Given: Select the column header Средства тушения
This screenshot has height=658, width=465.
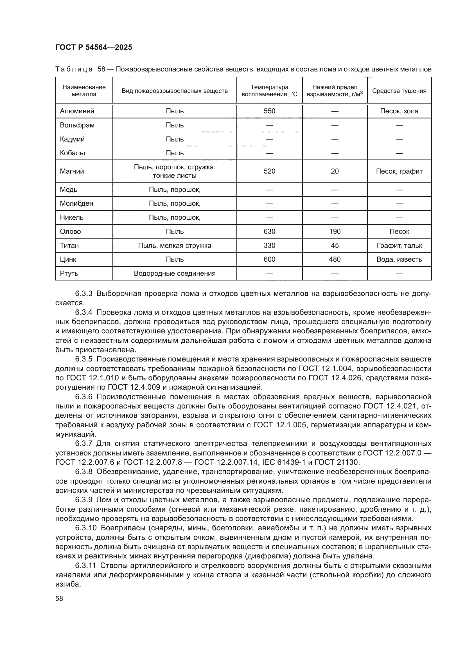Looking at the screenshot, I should click(399, 91).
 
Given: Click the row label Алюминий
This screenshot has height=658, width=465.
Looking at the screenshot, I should click(77, 111).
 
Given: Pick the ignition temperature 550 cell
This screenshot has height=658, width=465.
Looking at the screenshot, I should click(269, 111).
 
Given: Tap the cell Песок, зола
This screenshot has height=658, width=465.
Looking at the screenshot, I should click(399, 111).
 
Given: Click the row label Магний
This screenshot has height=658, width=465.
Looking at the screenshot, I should click(72, 171).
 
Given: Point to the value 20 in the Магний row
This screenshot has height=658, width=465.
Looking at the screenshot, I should click(335, 171).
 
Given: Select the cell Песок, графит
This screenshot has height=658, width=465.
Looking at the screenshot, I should click(399, 171).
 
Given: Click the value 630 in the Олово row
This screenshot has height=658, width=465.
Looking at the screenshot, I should click(269, 232).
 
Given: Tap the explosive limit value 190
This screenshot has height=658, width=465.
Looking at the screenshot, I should click(335, 232).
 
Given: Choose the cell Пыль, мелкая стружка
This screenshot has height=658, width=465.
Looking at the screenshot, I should click(175, 246).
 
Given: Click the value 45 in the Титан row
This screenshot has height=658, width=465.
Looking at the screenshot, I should click(335, 246).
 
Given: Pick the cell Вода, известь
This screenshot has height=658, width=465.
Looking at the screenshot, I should click(399, 259).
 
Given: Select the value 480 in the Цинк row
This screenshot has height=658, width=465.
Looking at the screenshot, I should click(335, 259).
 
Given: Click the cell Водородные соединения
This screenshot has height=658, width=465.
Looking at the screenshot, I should click(175, 273).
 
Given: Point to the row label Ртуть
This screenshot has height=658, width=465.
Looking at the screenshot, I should click(69, 273).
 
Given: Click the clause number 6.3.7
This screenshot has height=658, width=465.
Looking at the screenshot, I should click(83, 444).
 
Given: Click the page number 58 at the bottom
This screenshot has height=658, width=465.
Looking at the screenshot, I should click(59, 599).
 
